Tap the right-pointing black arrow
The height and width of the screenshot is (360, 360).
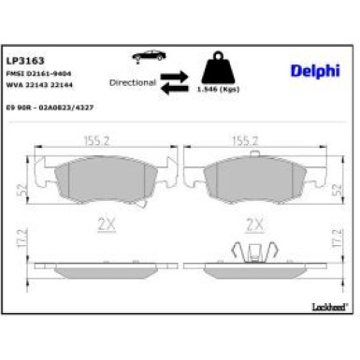(x=174, y=76)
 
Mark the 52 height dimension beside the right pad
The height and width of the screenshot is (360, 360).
(x=337, y=188)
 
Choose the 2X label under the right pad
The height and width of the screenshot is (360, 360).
(x=251, y=224)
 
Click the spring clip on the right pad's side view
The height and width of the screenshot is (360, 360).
(x=250, y=251)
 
